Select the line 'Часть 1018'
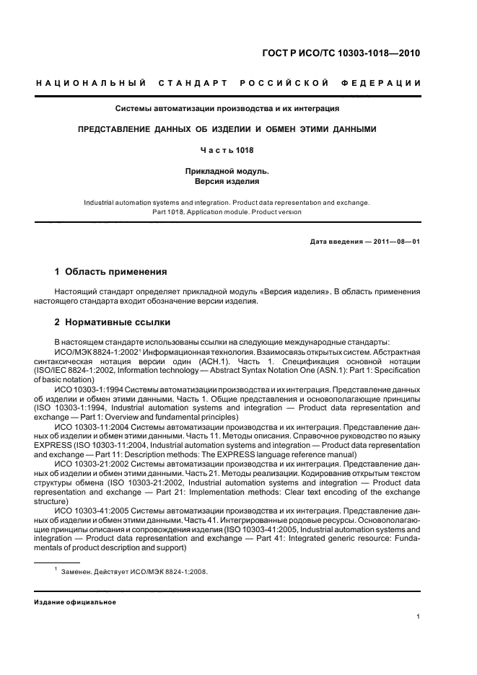pyautogui.click(x=227, y=150)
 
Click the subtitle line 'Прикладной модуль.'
pyautogui.click(x=227, y=171)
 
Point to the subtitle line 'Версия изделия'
pyautogui.click(x=227, y=182)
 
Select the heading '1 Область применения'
pyautogui.click(x=111, y=273)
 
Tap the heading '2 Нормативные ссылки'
pyautogui.click(x=113, y=322)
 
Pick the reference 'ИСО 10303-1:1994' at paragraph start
pyautogui.click(x=90, y=389)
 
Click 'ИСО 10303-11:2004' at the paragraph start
pyautogui.click(x=92, y=427)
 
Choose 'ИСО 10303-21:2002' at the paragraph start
pyautogui.click(x=92, y=464)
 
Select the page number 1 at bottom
pyautogui.click(x=419, y=617)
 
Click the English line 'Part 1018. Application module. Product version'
pyautogui.click(x=227, y=212)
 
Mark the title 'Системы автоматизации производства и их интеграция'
pyautogui.click(x=227, y=110)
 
